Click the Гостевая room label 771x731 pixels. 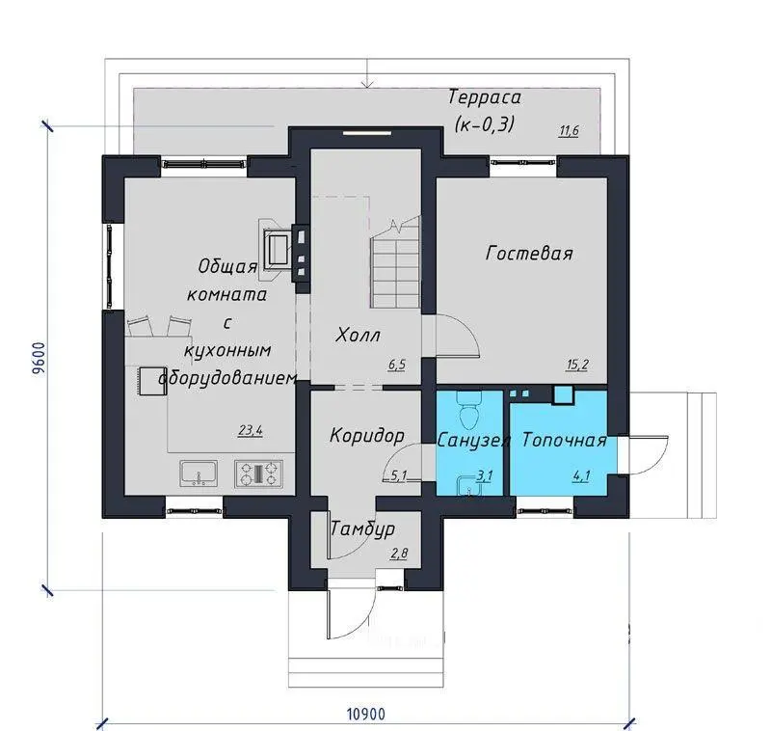[x=529, y=254]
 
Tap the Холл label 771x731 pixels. [x=358, y=336]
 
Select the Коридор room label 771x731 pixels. [x=367, y=436]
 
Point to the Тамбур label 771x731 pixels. [x=363, y=529]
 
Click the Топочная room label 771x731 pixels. [x=564, y=440]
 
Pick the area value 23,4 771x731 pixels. [x=251, y=430]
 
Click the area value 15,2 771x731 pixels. [x=576, y=365]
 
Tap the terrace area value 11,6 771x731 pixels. [x=569, y=131]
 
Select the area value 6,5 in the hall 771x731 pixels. [x=396, y=365]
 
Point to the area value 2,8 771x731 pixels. [x=399, y=554]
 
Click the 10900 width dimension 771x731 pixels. [x=366, y=714]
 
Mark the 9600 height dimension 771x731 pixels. [x=40, y=358]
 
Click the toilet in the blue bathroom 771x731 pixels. [x=468, y=410]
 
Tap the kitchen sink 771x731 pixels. [x=199, y=474]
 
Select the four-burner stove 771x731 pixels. [x=259, y=474]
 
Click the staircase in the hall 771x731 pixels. [x=396, y=262]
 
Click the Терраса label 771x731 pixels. [x=485, y=97]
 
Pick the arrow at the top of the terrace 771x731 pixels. [x=368, y=73]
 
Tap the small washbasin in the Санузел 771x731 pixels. [x=467, y=484]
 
